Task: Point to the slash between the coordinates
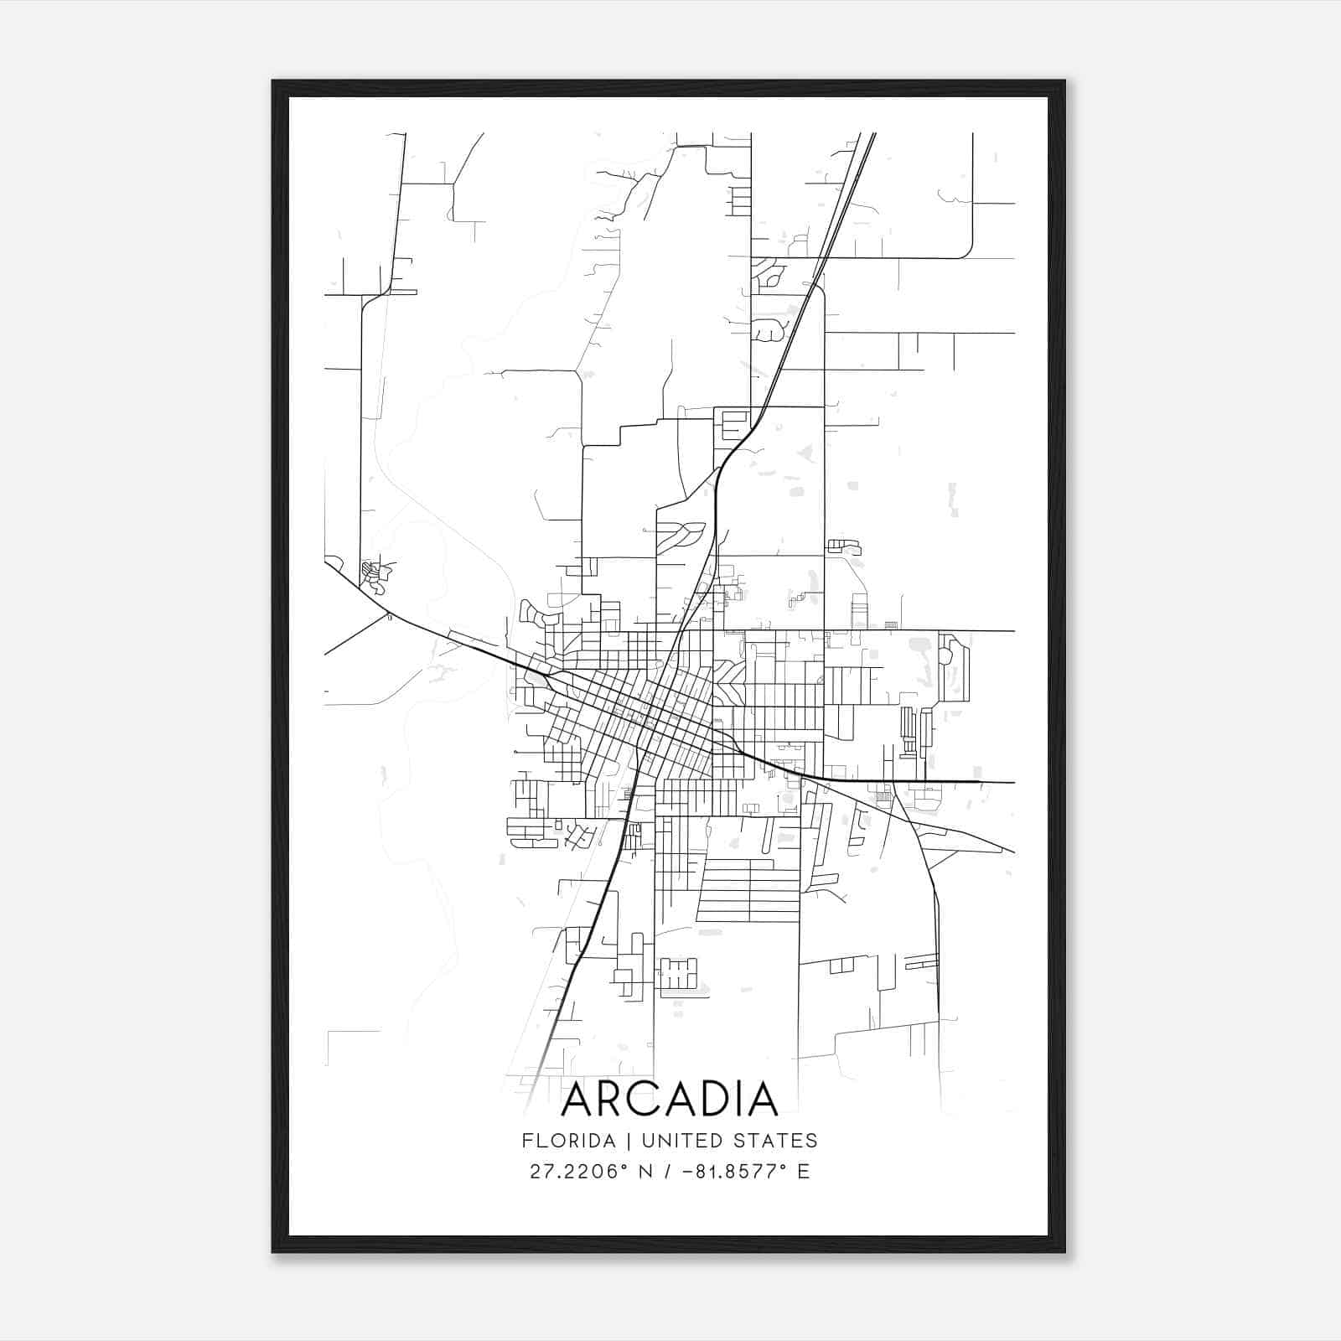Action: (668, 1172)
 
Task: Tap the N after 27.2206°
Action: (645, 1172)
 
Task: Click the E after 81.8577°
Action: (804, 1172)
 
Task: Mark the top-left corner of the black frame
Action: (273, 81)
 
